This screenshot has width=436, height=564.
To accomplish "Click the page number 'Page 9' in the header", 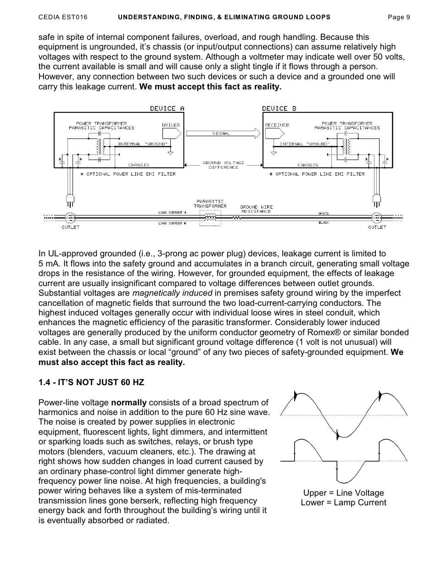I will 399,17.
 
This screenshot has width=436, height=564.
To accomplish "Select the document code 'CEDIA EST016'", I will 63,17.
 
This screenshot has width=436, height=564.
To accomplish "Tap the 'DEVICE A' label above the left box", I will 167,109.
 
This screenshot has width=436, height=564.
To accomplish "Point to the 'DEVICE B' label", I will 279,109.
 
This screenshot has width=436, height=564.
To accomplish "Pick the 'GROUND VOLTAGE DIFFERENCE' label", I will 224,165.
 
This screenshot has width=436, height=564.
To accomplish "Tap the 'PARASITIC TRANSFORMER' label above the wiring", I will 210,204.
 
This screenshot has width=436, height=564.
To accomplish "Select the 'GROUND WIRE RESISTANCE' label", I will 256,209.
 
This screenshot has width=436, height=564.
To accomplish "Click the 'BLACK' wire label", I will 324,223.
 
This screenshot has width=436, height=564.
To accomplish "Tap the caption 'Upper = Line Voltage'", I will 343,493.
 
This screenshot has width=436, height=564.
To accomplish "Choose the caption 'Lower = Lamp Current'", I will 343,503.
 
